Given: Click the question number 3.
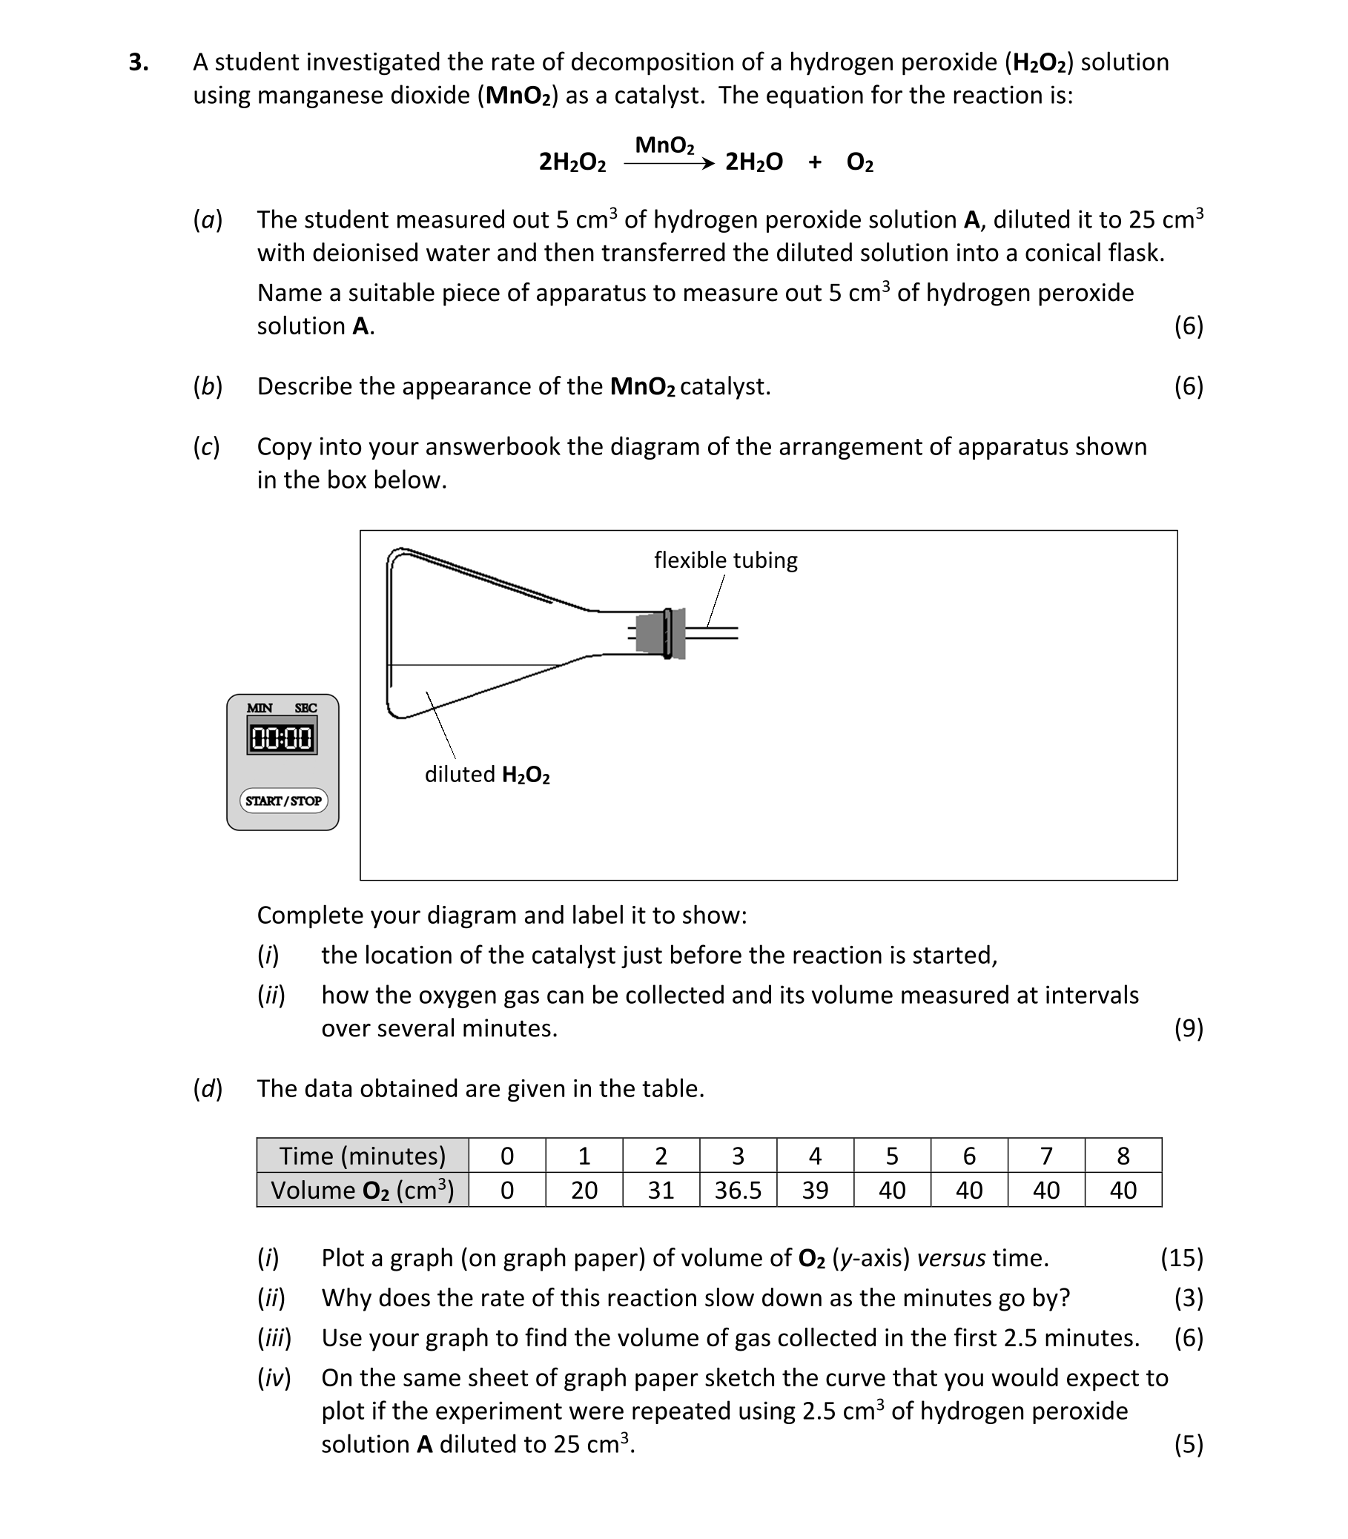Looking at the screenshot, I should (x=139, y=62).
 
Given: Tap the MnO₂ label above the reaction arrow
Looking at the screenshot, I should (x=664, y=145).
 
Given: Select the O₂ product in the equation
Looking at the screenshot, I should (x=860, y=162).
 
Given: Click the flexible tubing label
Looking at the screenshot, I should (x=725, y=560).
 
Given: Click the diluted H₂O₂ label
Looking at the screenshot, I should (x=486, y=774).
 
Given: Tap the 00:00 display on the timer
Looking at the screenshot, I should (x=282, y=738).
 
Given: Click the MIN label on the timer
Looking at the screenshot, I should (x=260, y=708).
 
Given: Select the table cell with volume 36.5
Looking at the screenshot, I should (x=737, y=1190).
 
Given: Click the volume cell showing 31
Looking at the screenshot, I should (x=661, y=1190).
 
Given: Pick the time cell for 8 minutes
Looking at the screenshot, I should (x=1123, y=1156).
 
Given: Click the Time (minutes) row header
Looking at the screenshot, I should (x=363, y=1156).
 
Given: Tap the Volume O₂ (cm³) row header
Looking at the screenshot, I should (x=363, y=1190).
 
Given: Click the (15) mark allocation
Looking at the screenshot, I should (x=1181, y=1258).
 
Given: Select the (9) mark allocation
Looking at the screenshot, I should (x=1189, y=1027).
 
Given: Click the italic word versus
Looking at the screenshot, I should (x=951, y=1258).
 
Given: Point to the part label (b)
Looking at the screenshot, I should (x=208, y=386).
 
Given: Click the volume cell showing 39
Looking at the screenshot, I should (x=815, y=1190).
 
